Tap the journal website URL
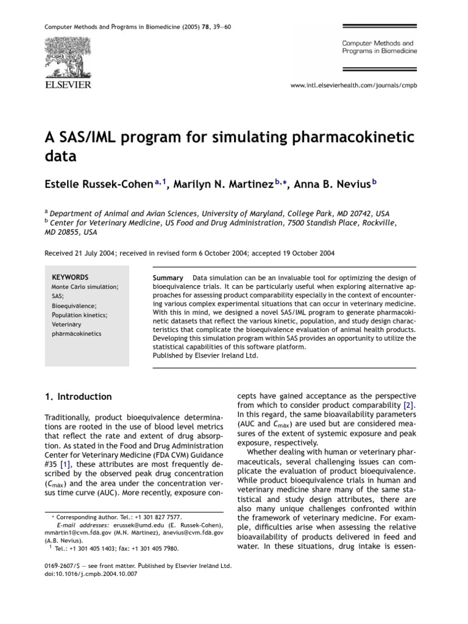[355, 86]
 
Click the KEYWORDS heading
[70, 277]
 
